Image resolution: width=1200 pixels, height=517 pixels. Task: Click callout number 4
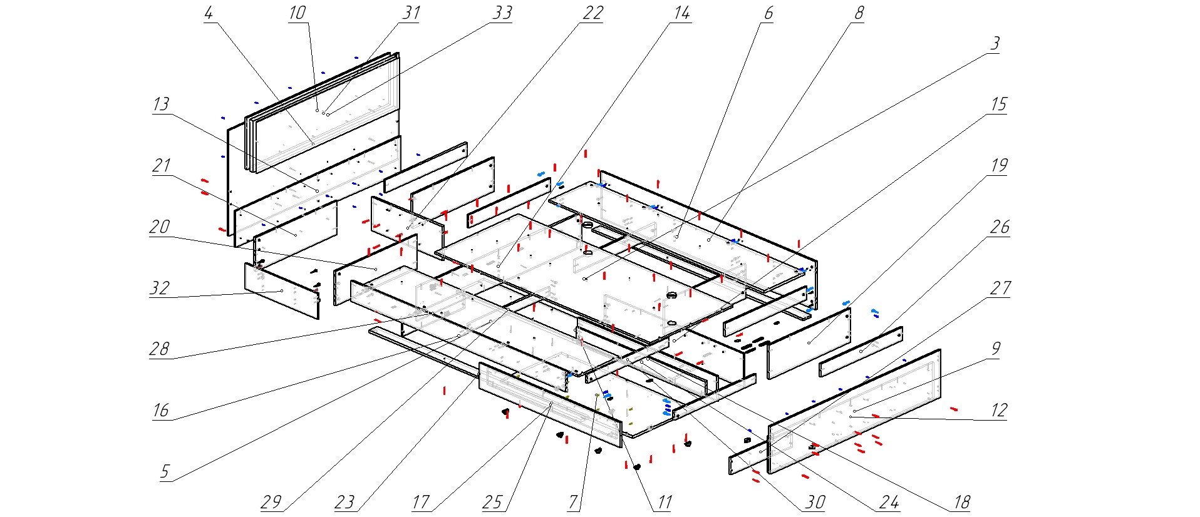tap(209, 13)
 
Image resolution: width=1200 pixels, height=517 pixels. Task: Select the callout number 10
tap(297, 13)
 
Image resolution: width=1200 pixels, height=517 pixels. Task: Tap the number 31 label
tap(411, 13)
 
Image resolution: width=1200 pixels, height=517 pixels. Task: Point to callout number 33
tap(502, 13)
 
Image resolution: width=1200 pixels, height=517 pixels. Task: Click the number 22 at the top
tap(592, 13)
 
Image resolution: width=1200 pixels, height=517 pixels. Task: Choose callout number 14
tap(681, 13)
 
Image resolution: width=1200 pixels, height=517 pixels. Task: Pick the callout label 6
tap(768, 13)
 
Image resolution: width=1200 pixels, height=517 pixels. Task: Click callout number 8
tap(859, 13)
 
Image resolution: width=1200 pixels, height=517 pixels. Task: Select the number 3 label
tap(995, 44)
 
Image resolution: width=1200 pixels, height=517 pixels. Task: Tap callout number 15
tap(998, 105)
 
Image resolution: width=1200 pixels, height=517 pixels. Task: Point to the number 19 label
tap(998, 166)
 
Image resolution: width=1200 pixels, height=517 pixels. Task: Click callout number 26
tap(1000, 227)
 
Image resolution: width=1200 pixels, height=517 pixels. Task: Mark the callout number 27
tap(1000, 288)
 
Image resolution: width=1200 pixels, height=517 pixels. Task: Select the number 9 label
tap(996, 349)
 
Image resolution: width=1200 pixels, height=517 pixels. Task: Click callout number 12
tap(998, 411)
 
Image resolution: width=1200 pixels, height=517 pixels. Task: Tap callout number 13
tap(161, 105)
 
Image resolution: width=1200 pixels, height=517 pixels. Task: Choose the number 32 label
tap(160, 288)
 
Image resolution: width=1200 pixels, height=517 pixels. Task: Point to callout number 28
tap(159, 349)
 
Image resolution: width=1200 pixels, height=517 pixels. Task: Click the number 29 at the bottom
tap(271, 502)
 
